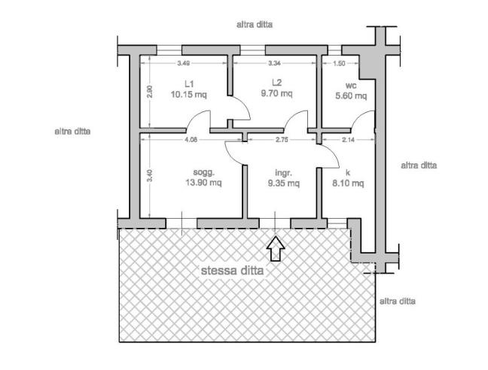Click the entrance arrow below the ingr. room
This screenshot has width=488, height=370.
click(276, 248)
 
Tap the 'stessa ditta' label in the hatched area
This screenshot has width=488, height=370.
click(232, 271)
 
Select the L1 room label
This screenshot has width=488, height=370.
click(189, 84)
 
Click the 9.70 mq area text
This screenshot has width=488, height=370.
click(276, 93)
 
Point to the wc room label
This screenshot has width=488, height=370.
click(351, 86)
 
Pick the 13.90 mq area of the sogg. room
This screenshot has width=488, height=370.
click(203, 182)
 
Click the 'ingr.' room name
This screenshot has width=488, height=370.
click(283, 173)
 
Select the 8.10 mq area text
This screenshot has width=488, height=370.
click(348, 183)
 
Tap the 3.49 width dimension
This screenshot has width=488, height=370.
click(184, 63)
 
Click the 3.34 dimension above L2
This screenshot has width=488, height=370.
click(274, 63)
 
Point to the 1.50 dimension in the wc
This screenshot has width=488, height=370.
click(339, 63)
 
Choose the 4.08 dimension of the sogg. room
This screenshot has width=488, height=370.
click(191, 140)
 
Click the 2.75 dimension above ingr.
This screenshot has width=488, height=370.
click(282, 140)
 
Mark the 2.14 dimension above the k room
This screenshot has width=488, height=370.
click(348, 140)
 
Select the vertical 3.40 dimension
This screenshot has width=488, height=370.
click(150, 175)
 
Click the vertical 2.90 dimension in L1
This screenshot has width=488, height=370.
click(150, 92)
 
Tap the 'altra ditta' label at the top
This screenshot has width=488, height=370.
click(255, 25)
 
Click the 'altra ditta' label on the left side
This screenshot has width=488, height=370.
click(72, 132)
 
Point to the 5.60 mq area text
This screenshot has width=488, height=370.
click(351, 96)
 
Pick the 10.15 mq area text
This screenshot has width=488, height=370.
click(189, 94)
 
